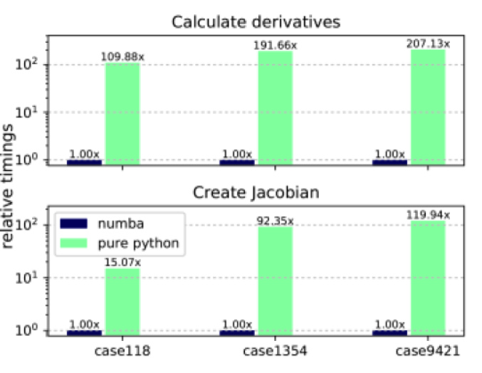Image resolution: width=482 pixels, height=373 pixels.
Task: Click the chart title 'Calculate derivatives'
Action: [256, 22]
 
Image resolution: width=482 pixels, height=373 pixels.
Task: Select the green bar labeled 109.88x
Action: [122, 114]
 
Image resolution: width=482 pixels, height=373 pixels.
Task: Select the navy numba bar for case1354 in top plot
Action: [237, 162]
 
